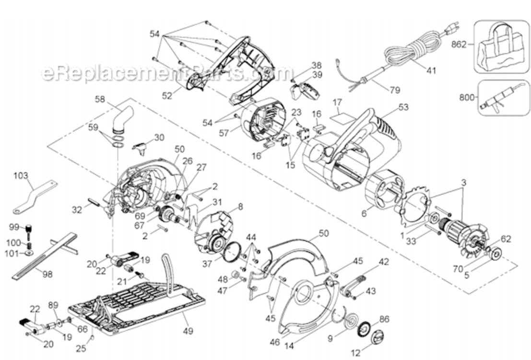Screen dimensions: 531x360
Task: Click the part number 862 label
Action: [x=459, y=45]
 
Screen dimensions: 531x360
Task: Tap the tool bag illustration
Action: [x=502, y=47]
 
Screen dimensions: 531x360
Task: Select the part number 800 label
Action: [x=467, y=97]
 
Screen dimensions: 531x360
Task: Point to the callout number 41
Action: [x=431, y=71]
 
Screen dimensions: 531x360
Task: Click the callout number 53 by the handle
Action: [x=403, y=107]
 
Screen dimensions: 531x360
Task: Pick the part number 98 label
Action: [x=47, y=274]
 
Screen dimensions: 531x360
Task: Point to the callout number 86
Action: [x=384, y=319]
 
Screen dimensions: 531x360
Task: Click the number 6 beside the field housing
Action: [x=364, y=214]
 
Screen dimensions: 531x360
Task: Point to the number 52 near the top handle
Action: [x=167, y=96]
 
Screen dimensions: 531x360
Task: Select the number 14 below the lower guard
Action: [x=289, y=346]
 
